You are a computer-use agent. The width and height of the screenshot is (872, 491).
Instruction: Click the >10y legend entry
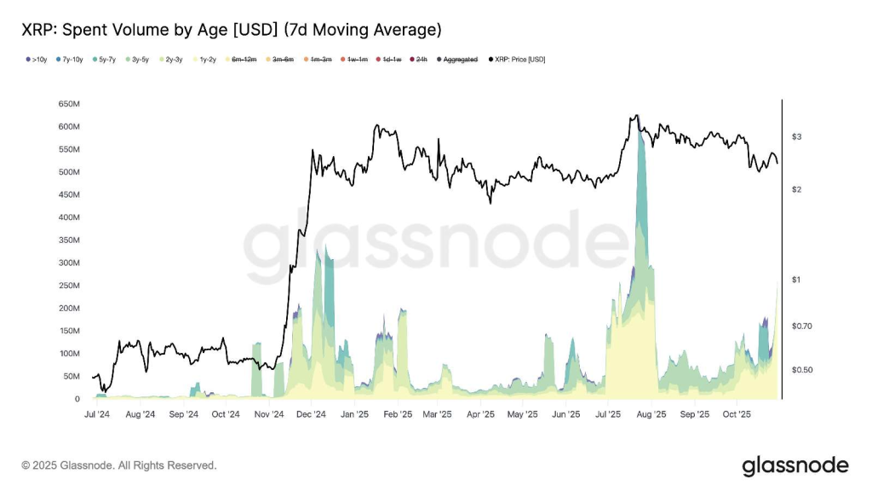coord(37,60)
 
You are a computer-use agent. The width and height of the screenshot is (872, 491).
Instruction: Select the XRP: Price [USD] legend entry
coord(517,60)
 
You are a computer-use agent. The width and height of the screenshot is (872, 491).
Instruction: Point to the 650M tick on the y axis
coord(69,104)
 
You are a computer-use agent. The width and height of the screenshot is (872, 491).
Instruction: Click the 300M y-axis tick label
coord(69,263)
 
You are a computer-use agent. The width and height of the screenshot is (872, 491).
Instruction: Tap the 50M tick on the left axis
coord(72,376)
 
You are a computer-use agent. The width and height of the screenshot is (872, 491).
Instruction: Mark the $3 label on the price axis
coord(797,136)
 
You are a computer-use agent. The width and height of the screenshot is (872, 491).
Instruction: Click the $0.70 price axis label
coord(803,326)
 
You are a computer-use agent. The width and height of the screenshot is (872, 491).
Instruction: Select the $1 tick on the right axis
coord(797,280)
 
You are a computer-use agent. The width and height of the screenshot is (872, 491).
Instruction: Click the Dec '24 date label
coord(311,415)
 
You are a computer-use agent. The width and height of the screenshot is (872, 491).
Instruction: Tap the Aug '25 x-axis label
coord(651,415)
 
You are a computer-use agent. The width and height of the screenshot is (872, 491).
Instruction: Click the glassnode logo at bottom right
coord(795,465)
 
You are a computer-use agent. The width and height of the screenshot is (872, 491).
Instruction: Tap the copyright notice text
coord(119,465)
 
